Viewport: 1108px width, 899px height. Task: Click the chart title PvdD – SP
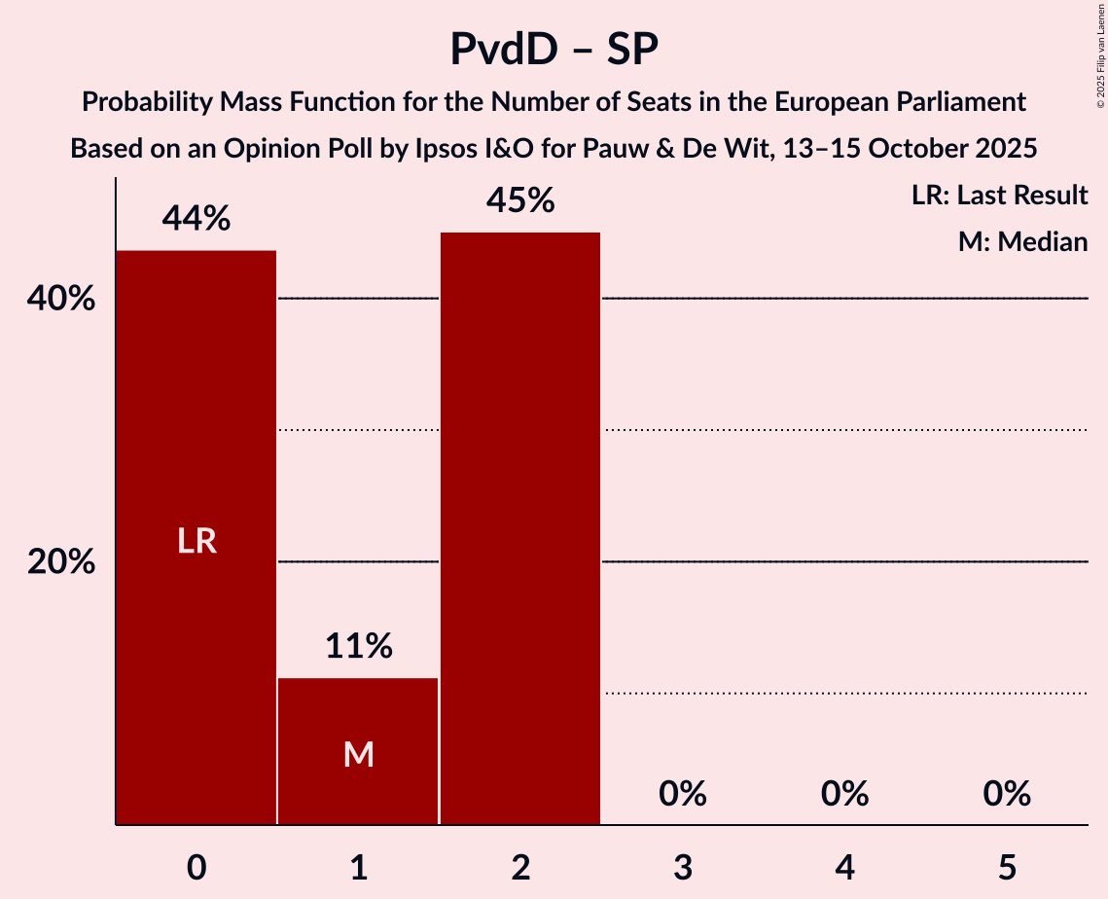click(x=554, y=50)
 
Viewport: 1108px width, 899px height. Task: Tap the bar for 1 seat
click(x=358, y=750)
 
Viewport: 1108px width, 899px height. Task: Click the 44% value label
click(x=197, y=219)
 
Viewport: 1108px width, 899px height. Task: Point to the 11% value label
click(x=358, y=646)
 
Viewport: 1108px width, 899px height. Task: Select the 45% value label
click(x=520, y=200)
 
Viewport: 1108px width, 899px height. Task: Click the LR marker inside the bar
click(x=197, y=541)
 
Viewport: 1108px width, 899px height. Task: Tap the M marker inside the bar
click(x=358, y=754)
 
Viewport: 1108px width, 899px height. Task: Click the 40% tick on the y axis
click(x=61, y=299)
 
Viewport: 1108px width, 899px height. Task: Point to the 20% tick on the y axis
click(x=61, y=562)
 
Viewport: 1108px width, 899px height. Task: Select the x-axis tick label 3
click(x=682, y=867)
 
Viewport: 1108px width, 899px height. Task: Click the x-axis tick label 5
click(x=1006, y=867)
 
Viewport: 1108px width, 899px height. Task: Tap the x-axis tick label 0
click(x=197, y=867)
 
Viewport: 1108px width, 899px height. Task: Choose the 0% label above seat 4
click(x=844, y=795)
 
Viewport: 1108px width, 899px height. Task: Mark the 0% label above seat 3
click(x=682, y=795)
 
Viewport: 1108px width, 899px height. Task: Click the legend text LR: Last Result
click(x=999, y=196)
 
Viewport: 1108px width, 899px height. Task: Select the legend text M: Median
click(x=1022, y=242)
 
